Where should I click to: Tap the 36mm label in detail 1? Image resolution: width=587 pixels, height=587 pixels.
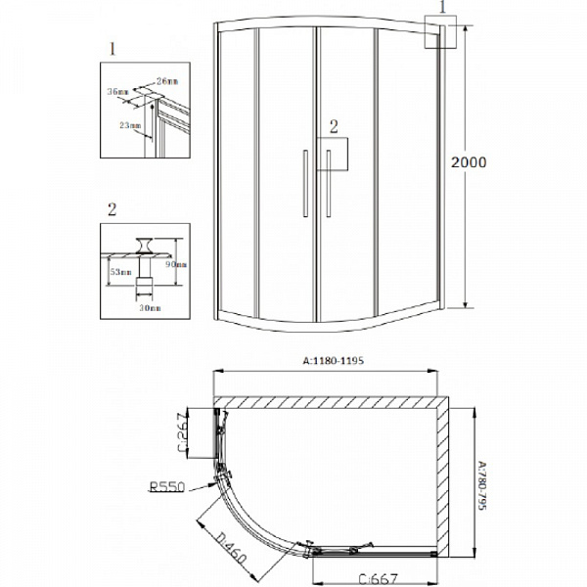(x=118, y=92)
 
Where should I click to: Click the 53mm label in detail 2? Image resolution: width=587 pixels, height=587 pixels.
(x=119, y=271)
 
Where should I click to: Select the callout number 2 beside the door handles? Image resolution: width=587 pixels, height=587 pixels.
(x=334, y=125)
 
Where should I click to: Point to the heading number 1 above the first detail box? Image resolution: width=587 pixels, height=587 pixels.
(x=114, y=47)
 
